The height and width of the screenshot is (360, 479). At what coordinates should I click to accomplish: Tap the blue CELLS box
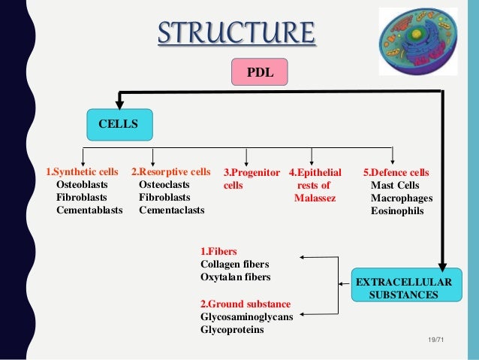(x=118, y=123)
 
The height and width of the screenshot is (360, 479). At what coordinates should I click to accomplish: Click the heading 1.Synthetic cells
(x=83, y=171)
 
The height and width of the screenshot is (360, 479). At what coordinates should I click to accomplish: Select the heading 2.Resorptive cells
(x=170, y=171)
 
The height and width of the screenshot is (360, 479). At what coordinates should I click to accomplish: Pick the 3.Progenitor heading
(x=252, y=171)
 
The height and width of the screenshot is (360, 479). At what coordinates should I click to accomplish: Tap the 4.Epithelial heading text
(x=315, y=171)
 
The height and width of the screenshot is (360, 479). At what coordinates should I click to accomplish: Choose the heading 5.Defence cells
(x=396, y=171)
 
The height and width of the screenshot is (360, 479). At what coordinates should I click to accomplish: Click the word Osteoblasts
(x=82, y=184)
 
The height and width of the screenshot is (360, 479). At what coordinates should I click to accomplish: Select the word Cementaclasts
(x=171, y=210)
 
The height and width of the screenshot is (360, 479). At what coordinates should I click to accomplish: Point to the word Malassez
(x=315, y=198)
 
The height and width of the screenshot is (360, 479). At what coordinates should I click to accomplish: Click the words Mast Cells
(x=395, y=185)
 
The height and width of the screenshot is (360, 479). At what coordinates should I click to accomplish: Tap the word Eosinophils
(x=396, y=211)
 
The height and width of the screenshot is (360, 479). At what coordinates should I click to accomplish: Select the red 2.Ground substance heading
(x=245, y=304)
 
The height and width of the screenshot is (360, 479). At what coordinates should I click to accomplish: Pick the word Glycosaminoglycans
(x=246, y=316)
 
